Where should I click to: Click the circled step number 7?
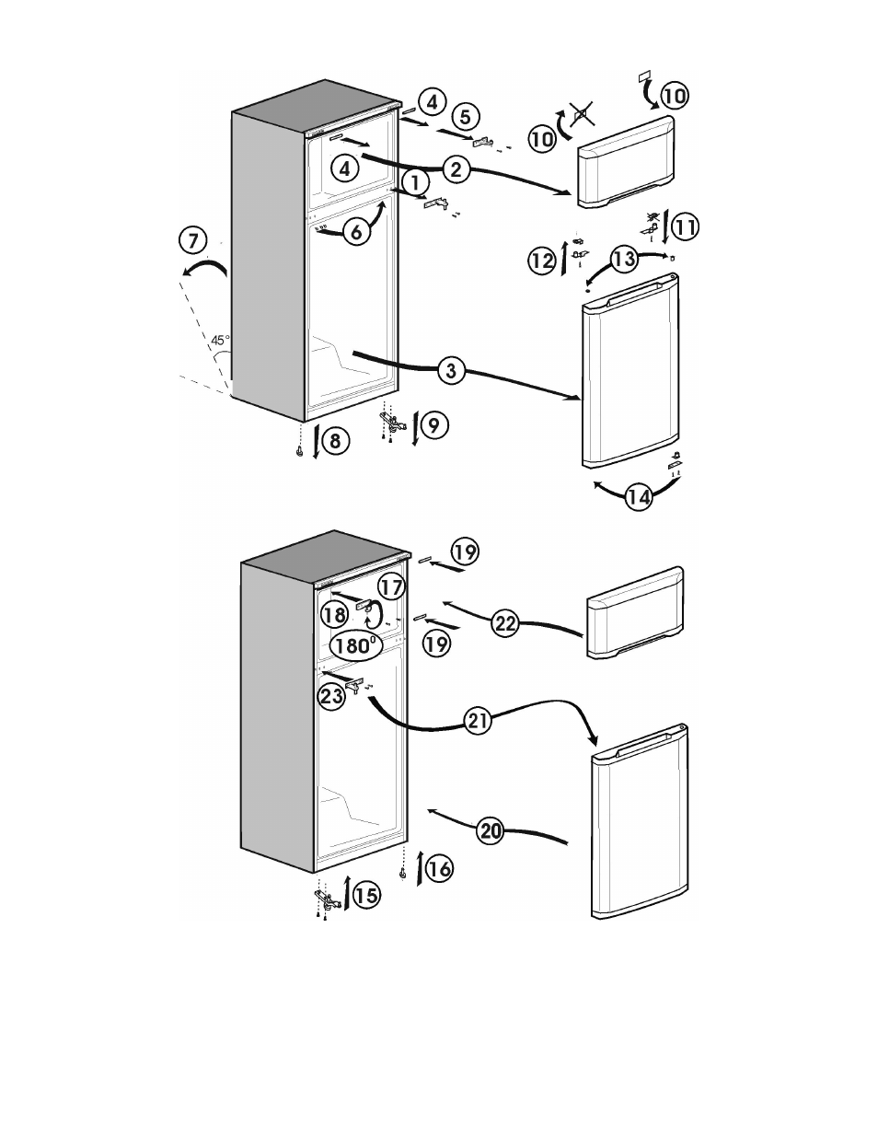(x=193, y=240)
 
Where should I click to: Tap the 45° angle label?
(x=220, y=341)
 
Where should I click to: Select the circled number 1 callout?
(x=415, y=183)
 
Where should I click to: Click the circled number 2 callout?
(x=456, y=169)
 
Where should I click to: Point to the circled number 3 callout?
(x=451, y=371)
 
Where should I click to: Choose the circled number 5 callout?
(x=466, y=116)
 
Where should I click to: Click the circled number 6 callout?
(x=356, y=231)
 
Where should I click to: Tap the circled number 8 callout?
(x=335, y=441)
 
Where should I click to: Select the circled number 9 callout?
(x=434, y=424)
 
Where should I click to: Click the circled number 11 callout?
(x=685, y=226)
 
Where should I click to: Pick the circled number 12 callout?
(x=542, y=260)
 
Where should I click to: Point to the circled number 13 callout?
(x=624, y=259)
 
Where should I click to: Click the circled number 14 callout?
(x=639, y=496)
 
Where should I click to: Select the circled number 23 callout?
(x=332, y=696)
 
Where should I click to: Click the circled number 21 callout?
(x=478, y=722)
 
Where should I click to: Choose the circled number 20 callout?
(x=491, y=830)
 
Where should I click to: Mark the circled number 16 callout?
(x=439, y=868)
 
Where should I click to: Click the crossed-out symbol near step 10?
(x=582, y=114)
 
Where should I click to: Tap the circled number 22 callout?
(x=505, y=623)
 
